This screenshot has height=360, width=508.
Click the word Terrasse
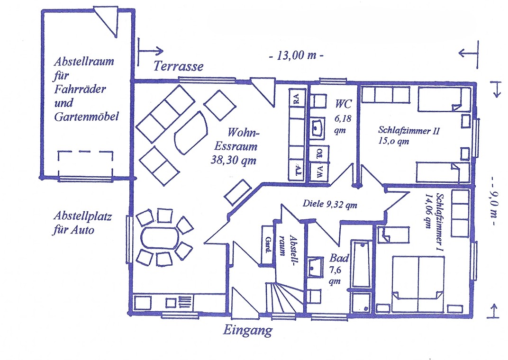(x=178, y=66)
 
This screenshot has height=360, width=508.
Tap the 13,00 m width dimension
(x=296, y=55)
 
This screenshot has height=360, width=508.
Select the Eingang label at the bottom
(x=248, y=331)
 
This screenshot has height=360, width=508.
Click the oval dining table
(x=160, y=238)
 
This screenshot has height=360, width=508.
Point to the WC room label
(x=343, y=104)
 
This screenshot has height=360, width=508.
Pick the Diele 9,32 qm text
(x=330, y=204)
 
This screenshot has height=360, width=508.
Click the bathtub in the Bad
(x=362, y=263)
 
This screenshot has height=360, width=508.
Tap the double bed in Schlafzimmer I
(x=417, y=284)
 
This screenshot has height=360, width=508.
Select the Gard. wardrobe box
(x=268, y=245)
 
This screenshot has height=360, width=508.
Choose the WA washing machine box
(x=319, y=173)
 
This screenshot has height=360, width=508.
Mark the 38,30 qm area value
(x=233, y=160)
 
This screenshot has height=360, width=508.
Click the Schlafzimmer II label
(x=409, y=130)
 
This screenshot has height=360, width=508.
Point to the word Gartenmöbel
(x=87, y=117)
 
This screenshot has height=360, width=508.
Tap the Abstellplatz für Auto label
(x=82, y=223)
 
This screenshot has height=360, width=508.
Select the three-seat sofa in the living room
(x=165, y=114)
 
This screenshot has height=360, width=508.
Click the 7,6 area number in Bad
(x=336, y=270)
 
